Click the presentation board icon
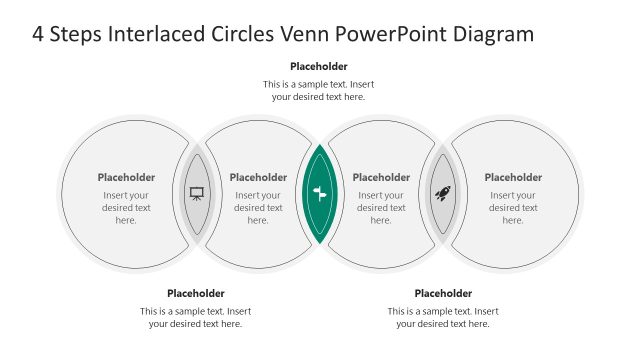point(197,193)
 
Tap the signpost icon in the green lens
point(320,194)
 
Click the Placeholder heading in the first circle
point(126,177)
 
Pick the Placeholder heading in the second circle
point(258,177)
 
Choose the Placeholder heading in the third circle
point(381,177)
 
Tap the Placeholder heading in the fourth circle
point(513,177)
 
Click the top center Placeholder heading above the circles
point(319,67)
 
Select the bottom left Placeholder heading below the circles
point(196,293)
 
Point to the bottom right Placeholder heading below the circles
point(443,293)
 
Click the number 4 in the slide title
point(39,35)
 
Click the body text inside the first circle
point(126,207)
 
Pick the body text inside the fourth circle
point(513,207)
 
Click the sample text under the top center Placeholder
point(319,90)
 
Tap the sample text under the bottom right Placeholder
point(443,317)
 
